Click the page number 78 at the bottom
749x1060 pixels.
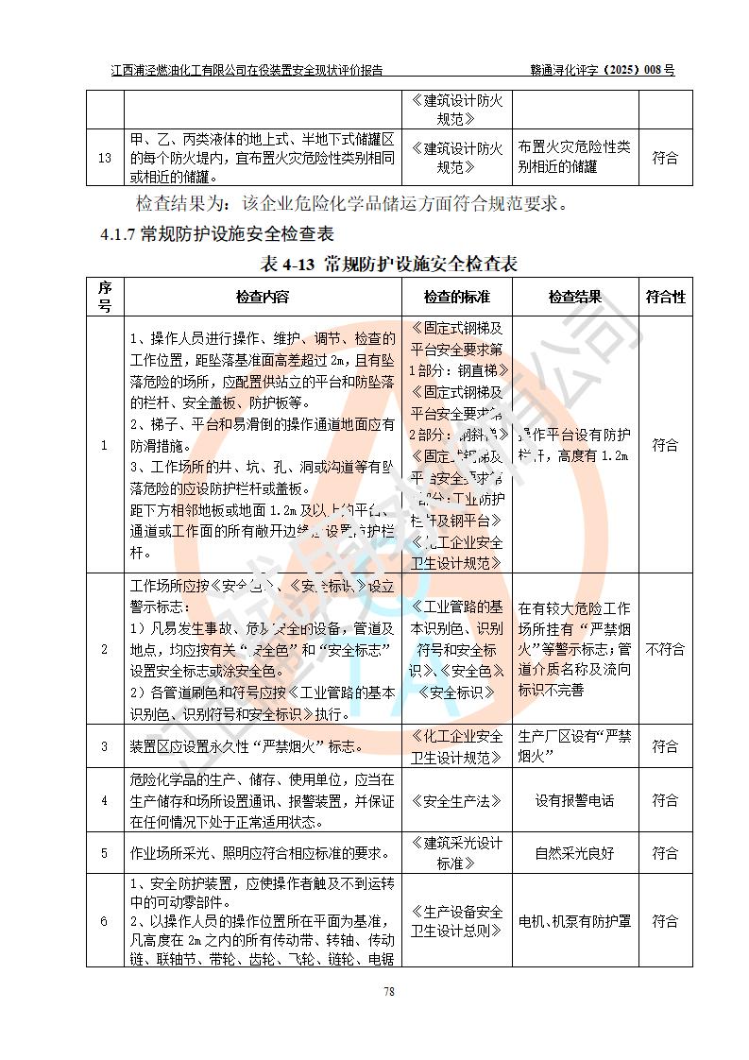pos(387,991)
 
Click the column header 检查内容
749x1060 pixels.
pos(263,297)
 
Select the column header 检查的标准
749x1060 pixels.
pos(457,297)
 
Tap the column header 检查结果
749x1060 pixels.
pos(574,297)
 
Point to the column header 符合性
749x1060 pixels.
pos(665,297)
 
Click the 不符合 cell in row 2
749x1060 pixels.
pos(665,649)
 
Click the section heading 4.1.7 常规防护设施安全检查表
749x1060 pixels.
pos(217,234)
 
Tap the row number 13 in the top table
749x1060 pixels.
pos(105,158)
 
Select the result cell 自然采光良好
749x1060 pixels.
pos(574,853)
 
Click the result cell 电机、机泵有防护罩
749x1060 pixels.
pos(574,920)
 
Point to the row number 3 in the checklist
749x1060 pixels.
pos(105,747)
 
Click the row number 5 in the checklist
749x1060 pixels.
pos(105,853)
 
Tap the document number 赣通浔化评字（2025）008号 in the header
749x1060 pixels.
pos(602,70)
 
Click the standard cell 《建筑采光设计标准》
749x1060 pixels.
pos(457,853)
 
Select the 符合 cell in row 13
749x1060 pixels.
pos(665,158)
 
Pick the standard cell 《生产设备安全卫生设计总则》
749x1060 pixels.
pos(457,920)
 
